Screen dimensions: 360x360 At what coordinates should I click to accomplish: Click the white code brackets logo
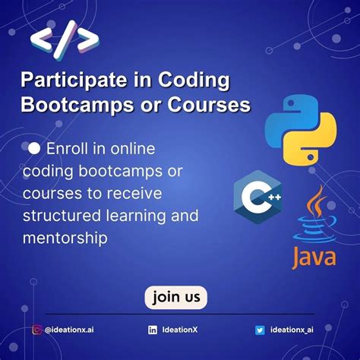pos(65,41)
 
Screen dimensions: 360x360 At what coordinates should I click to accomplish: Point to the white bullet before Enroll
pos(34,150)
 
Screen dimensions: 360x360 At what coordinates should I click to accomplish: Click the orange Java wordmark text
pos(314,254)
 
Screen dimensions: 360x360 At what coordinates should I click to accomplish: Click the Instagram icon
pos(36,330)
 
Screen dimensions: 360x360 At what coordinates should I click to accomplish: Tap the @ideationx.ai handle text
pos(69,330)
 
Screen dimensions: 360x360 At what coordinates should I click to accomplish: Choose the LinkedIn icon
pos(153,330)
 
